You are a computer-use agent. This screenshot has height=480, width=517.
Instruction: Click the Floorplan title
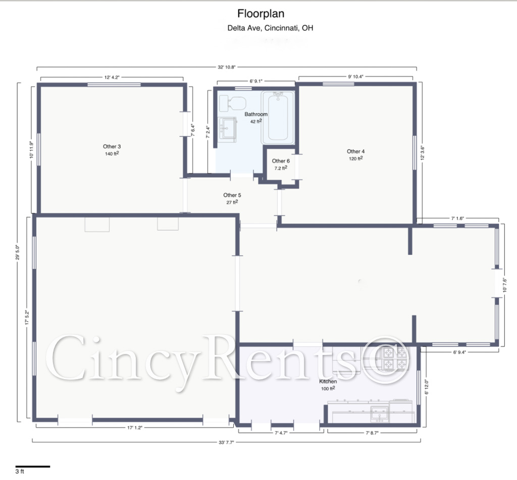pyautogui.click(x=261, y=14)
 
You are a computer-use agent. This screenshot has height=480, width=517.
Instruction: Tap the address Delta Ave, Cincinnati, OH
pyautogui.click(x=270, y=28)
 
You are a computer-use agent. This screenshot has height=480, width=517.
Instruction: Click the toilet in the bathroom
pyautogui.click(x=232, y=103)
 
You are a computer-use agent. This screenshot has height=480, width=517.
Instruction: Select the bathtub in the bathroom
pyautogui.click(x=278, y=117)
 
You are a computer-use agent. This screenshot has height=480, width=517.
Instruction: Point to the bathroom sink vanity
pyautogui.click(x=228, y=130)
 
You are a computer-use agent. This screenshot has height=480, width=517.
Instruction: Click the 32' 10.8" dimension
pyautogui.click(x=227, y=67)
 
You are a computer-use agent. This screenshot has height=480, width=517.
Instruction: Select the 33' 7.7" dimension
pyautogui.click(x=226, y=442)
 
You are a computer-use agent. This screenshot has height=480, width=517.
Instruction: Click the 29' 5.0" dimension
pyautogui.click(x=18, y=252)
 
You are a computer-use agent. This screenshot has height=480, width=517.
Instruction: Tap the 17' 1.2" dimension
pyautogui.click(x=134, y=428)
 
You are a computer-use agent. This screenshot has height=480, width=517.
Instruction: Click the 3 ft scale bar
pyautogui.click(x=33, y=466)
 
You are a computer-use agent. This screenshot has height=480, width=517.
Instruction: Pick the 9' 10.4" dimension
pyautogui.click(x=356, y=77)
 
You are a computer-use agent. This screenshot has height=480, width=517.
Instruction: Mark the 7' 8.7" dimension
pyautogui.click(x=372, y=433)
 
